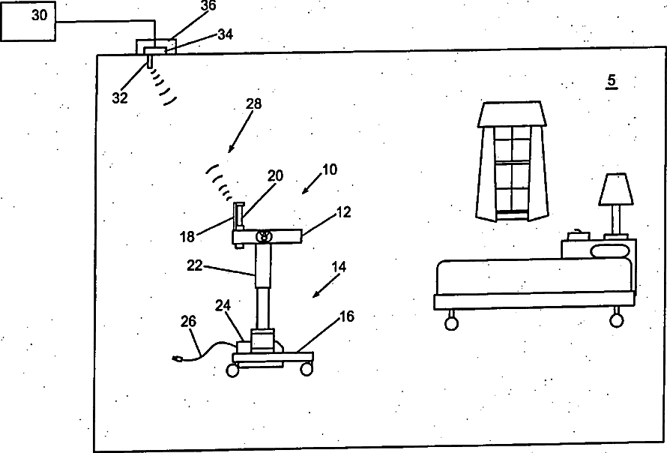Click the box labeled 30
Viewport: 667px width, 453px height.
click(28, 22)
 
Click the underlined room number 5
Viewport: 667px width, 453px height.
click(612, 81)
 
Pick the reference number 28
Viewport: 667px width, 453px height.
click(253, 104)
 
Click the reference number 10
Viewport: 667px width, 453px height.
click(328, 169)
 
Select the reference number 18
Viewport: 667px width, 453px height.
click(187, 236)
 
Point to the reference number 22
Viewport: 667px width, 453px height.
click(195, 265)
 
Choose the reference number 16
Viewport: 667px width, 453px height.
click(346, 317)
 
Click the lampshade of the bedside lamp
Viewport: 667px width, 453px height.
click(615, 189)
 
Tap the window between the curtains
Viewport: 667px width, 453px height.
click(513, 169)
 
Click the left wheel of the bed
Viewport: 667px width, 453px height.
click(450, 322)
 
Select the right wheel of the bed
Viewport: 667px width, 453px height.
click(617, 320)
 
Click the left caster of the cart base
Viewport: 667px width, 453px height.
click(233, 370)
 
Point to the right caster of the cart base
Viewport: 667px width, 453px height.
click(306, 369)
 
